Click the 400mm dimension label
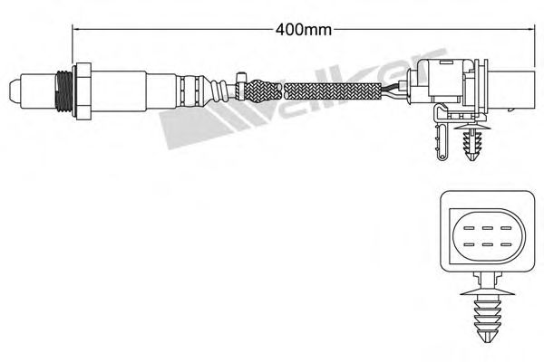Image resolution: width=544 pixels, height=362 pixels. coord(302,28)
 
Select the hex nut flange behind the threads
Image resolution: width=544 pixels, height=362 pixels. coord(83,90)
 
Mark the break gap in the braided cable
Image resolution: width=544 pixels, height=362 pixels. coord(283,90)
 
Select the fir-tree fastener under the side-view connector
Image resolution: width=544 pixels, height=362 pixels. coord(472,145)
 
